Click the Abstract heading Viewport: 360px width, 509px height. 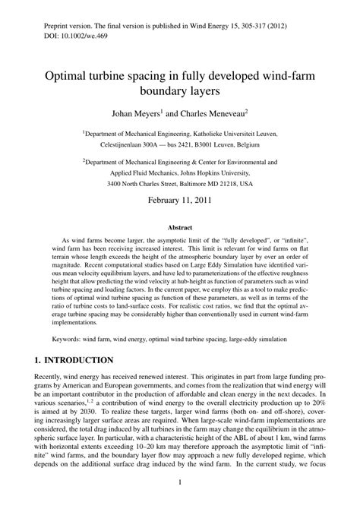point(179,248)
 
